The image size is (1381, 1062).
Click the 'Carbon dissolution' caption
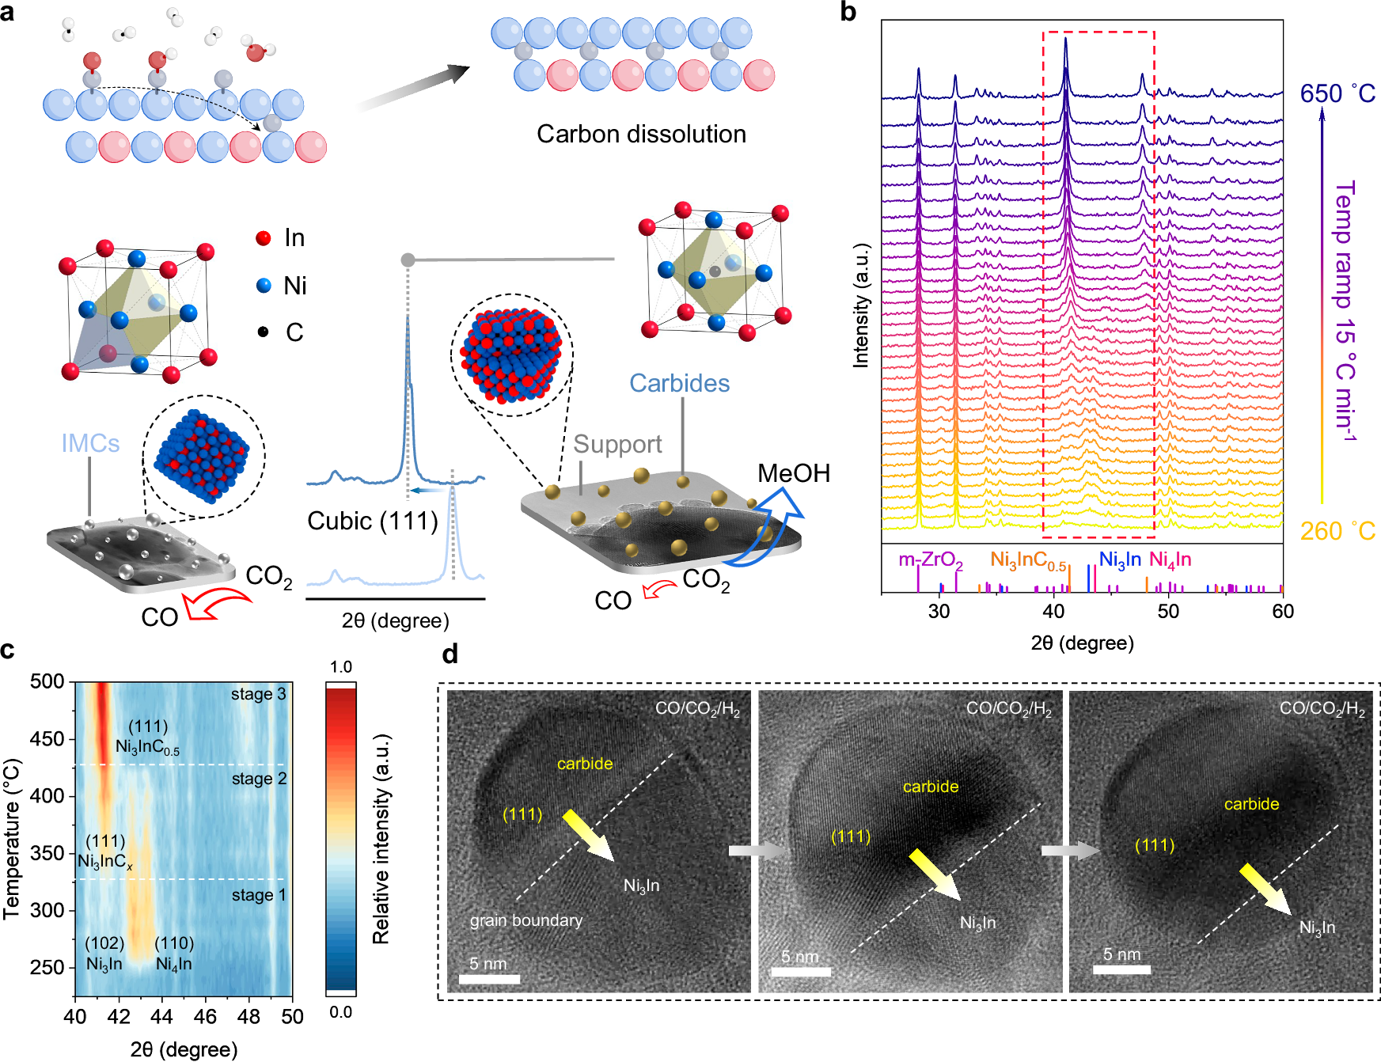click(641, 134)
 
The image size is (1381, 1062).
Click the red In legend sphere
click(264, 238)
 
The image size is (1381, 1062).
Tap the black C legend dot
click(263, 332)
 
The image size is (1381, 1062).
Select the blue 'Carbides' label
click(679, 383)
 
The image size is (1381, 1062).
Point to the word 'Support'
click(617, 444)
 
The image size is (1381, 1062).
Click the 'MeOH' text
click(793, 473)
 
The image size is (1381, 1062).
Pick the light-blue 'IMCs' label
click(90, 443)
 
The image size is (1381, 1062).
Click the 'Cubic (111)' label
click(372, 521)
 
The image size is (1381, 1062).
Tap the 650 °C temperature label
click(1337, 93)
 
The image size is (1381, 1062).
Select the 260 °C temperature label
click(1337, 530)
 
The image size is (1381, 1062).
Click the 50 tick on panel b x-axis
click(1168, 611)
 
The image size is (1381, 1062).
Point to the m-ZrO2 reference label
click(930, 560)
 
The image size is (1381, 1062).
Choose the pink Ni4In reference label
click(1170, 560)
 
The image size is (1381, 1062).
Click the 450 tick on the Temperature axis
click(47, 739)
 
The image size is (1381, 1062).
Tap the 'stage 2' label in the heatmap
click(259, 779)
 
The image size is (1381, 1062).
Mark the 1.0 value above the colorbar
click(340, 666)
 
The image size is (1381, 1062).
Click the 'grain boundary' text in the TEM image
click(526, 920)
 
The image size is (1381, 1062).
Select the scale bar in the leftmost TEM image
click(489, 979)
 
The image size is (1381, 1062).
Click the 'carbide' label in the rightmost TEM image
click(1251, 804)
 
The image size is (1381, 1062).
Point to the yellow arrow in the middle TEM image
click(934, 874)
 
